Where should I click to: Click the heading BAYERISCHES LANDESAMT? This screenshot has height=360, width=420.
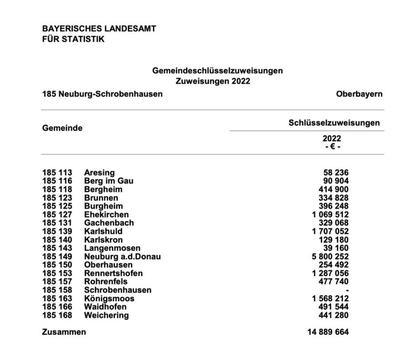coord(99,28)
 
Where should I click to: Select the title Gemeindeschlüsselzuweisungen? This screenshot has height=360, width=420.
coord(217,71)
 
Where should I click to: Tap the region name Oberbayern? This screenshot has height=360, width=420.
coord(360,94)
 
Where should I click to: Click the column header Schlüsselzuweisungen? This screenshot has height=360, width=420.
coord(334,122)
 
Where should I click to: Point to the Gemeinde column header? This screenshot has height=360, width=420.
coord(62,128)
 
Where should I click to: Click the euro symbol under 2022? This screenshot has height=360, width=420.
coord(333,146)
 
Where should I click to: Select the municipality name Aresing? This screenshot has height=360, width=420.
coord(100,172)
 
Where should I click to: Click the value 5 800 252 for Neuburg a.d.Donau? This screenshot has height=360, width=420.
coord(327,256)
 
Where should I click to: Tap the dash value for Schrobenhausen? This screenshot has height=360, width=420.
coord(347,290)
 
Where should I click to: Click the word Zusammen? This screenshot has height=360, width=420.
coord(64,332)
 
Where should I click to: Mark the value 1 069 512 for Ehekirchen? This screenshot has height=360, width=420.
coord(327,214)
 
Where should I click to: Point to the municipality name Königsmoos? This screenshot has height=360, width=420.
coord(109,298)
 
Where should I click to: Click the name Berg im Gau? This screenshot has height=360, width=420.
coord(109,181)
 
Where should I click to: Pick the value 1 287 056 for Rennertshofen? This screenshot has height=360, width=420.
coord(327,273)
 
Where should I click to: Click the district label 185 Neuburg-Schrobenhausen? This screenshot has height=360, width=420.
coord(102,94)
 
